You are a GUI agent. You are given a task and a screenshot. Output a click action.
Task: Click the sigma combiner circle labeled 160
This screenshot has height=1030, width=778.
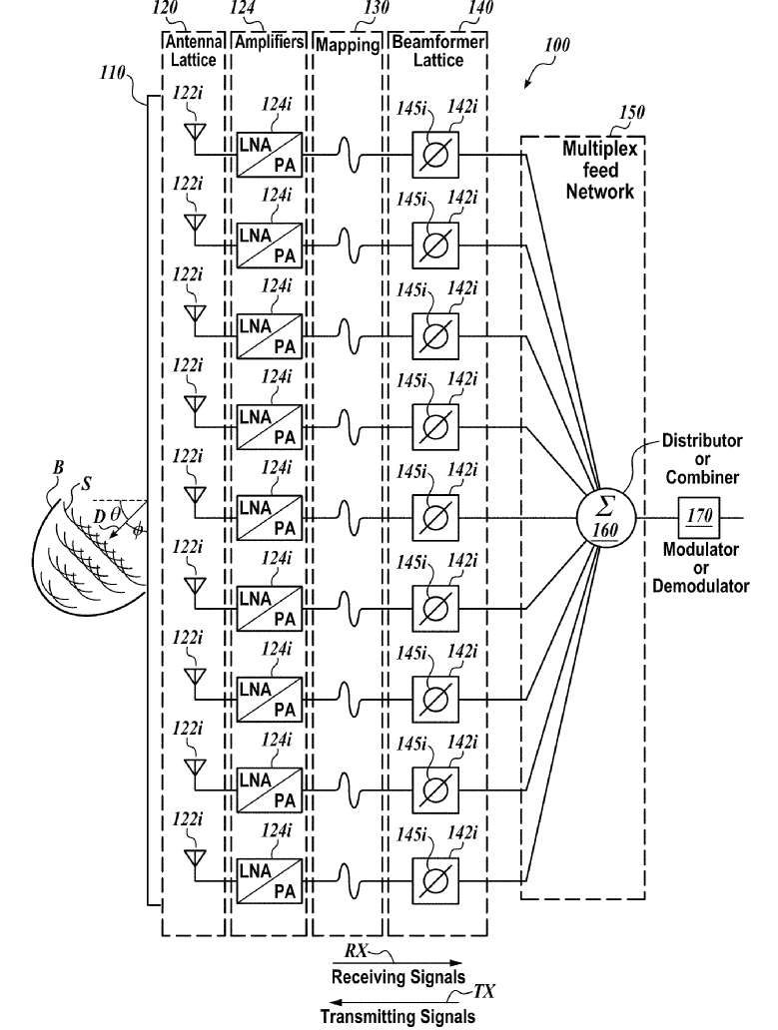[605, 518]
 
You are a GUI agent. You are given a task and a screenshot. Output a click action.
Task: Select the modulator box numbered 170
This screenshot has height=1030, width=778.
[699, 517]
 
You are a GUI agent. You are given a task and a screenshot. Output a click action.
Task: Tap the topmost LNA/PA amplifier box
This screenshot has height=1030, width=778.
[270, 155]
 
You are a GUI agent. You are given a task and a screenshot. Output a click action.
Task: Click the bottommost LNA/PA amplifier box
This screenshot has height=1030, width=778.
[270, 881]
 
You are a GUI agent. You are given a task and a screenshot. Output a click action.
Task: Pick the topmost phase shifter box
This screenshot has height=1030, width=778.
[435, 155]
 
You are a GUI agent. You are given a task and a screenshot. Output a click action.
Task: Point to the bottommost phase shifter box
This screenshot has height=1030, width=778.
[435, 881]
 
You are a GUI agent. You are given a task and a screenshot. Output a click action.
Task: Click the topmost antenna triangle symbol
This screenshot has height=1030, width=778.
[195, 132]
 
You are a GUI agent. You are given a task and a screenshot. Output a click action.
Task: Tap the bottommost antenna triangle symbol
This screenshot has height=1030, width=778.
[195, 858]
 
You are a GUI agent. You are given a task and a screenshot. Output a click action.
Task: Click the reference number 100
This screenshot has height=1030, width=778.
[557, 45]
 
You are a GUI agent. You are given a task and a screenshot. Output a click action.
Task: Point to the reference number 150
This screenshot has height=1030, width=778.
[632, 112]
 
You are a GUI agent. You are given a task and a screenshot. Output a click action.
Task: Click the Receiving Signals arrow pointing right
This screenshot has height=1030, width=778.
[397, 964]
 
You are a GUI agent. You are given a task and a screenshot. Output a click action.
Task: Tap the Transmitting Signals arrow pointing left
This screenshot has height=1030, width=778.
[397, 1003]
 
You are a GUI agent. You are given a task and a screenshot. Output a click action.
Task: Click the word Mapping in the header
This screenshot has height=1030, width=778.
[348, 45]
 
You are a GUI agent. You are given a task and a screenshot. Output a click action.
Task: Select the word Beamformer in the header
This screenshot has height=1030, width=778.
[438, 42]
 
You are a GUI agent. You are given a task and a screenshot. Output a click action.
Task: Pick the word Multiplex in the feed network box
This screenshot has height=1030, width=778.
[600, 149]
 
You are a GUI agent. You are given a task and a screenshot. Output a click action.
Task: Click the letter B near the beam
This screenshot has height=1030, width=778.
[58, 468]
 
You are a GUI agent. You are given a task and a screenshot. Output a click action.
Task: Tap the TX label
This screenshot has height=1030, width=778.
[485, 991]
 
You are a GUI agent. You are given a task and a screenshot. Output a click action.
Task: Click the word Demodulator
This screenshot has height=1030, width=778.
[700, 586]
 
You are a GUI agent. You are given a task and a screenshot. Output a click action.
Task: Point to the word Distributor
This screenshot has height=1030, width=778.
[702, 441]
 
